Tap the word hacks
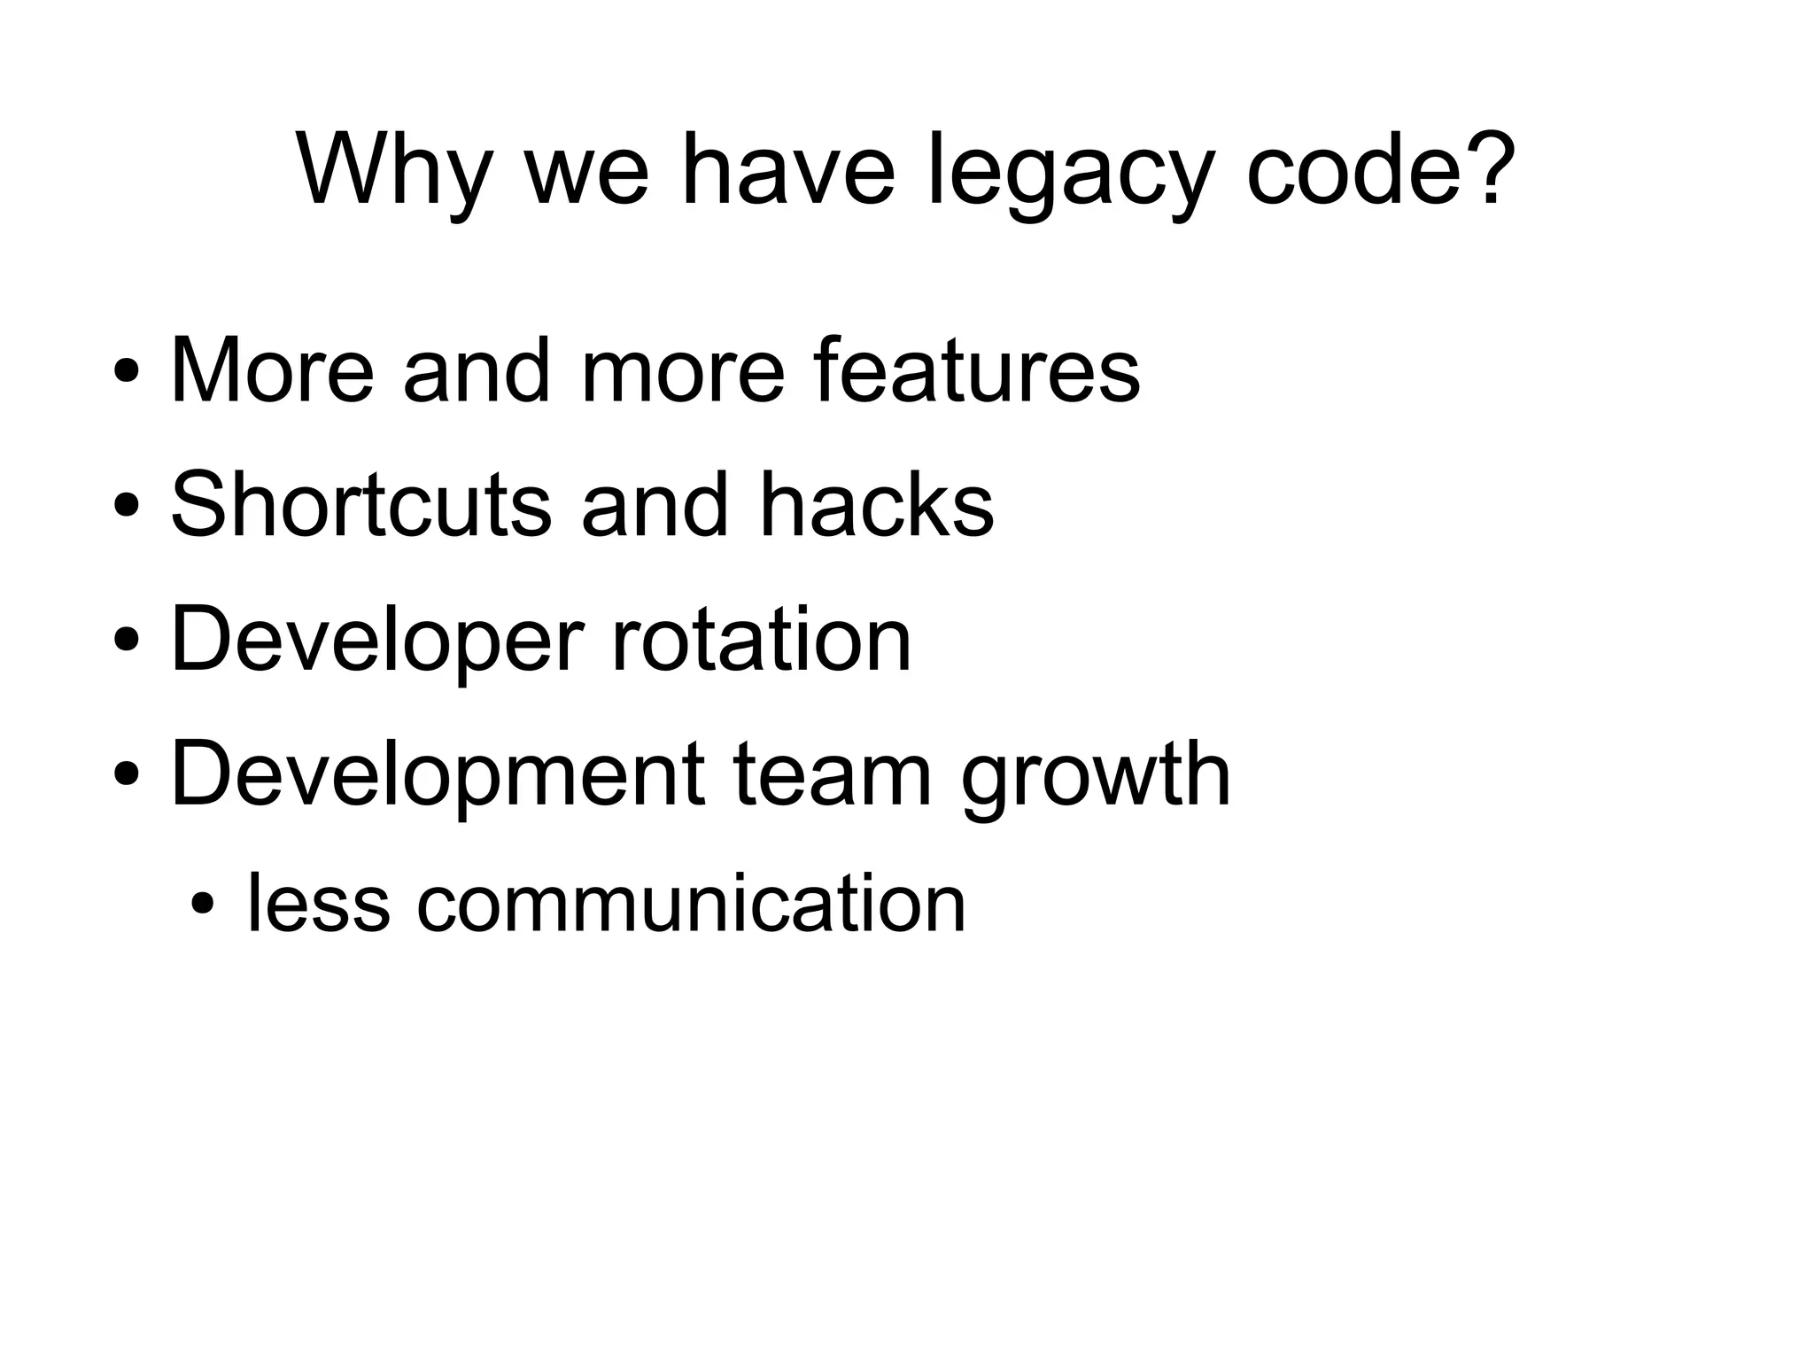tap(877, 505)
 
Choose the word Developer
tap(377, 641)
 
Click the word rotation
tap(761, 641)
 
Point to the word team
tap(833, 775)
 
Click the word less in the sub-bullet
tap(318, 904)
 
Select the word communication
tap(691, 904)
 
